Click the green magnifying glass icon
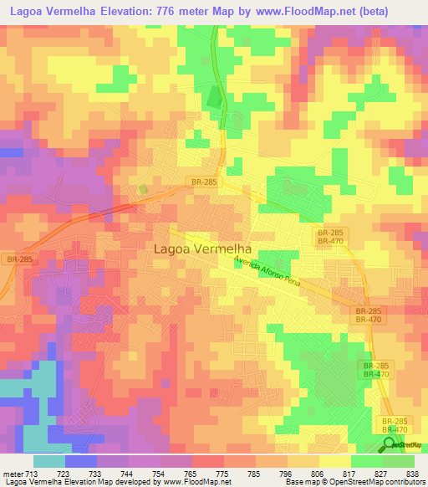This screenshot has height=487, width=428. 389,443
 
